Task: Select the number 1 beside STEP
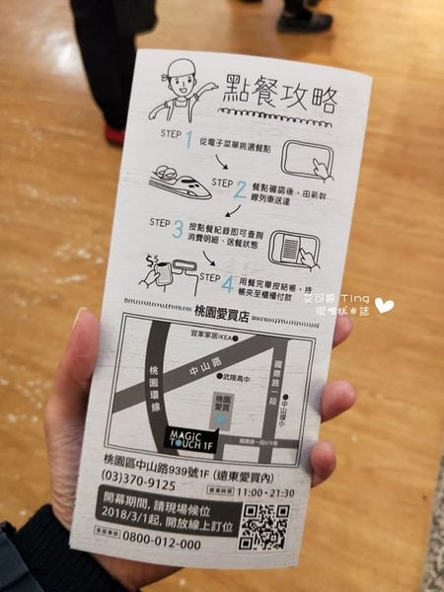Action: [x=189, y=140]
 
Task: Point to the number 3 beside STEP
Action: [x=177, y=229]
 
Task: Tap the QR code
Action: [x=263, y=524]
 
